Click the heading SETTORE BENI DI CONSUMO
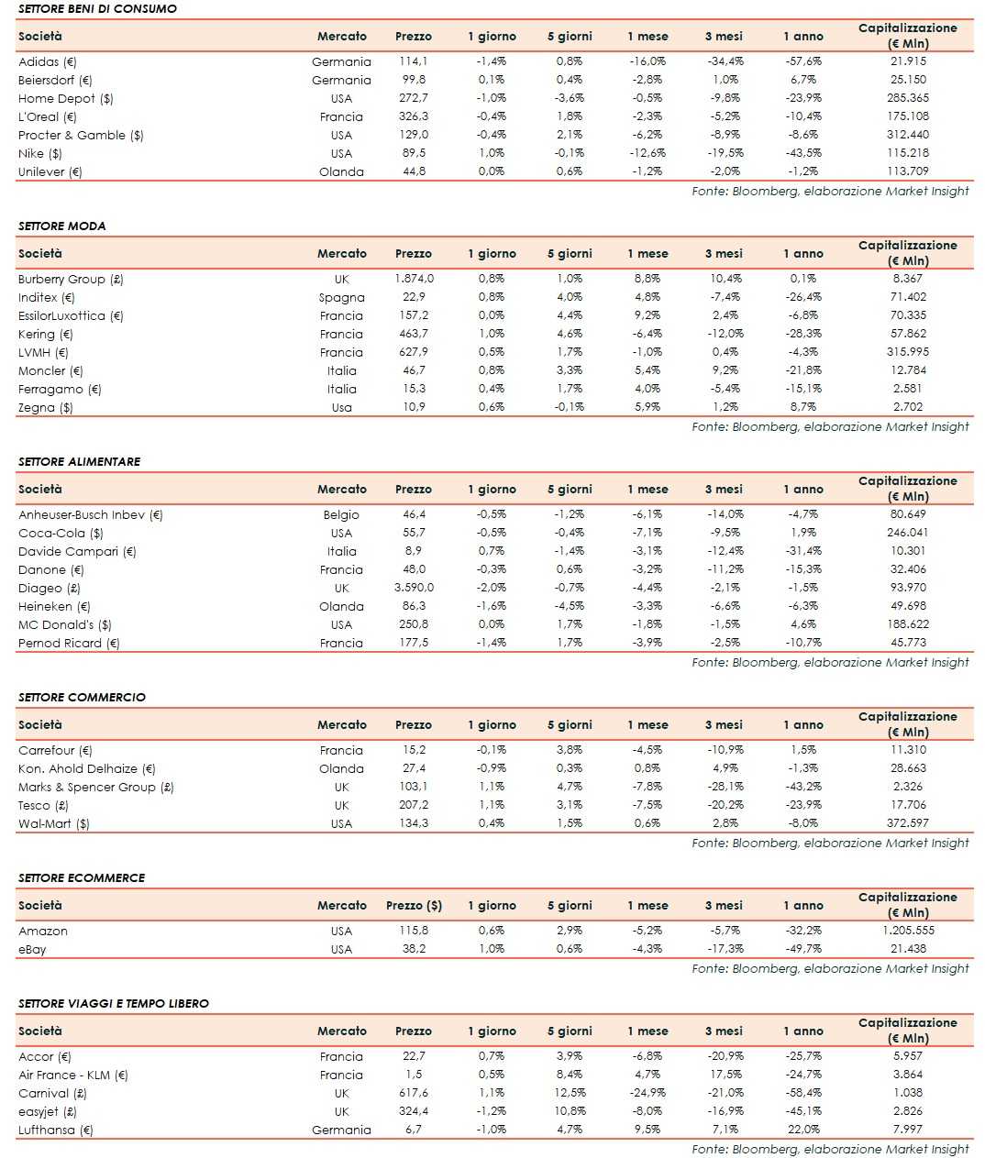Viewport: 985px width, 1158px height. point(97,8)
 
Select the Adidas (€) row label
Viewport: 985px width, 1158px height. point(48,61)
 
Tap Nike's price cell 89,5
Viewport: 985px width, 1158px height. point(414,153)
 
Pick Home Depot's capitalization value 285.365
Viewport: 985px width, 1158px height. point(908,98)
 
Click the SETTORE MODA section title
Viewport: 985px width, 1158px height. point(62,226)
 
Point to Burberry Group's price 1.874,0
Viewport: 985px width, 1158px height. point(414,279)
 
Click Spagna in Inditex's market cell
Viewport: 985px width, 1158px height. point(341,297)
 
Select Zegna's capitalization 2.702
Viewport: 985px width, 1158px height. point(908,407)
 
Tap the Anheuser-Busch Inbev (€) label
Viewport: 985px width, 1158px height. point(90,514)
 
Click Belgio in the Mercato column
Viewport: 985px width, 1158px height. point(341,514)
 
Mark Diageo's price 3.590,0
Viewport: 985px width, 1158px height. point(414,588)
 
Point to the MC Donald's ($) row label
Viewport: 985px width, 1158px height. point(65,624)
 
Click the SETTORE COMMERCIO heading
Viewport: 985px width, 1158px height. point(82,697)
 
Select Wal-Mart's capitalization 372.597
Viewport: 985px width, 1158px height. point(908,823)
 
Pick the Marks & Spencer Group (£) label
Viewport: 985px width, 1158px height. point(96,787)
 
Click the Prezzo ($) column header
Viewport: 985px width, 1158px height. point(414,905)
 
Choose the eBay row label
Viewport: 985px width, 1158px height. point(32,949)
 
